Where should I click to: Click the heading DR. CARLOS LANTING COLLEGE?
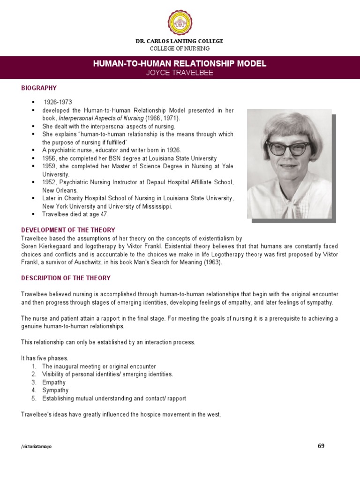180,41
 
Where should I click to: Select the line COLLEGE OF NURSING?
180,49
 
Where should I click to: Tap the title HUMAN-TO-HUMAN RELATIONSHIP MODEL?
180,63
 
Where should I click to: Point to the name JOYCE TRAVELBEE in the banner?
180,72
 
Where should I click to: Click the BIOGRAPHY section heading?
39,88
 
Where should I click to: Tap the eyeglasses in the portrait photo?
287,147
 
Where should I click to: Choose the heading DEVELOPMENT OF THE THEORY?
68,230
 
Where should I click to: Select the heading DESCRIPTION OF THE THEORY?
66,278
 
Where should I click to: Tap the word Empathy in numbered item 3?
54,382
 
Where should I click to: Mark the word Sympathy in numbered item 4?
55,390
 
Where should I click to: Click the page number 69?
321,446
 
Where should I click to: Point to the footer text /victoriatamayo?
37,447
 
